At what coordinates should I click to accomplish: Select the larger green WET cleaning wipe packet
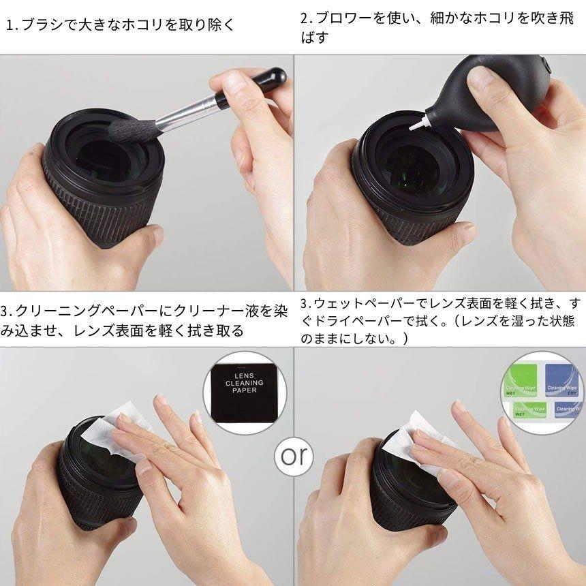pos(524,381)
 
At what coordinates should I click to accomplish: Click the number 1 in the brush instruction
pos(10,26)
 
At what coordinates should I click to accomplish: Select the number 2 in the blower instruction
pos(305,17)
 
